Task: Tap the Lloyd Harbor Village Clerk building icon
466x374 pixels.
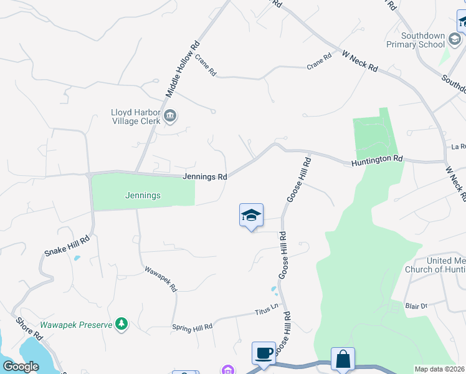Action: pos(169,115)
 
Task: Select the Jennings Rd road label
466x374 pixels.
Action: pos(204,177)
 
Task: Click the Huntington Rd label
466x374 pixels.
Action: pos(377,160)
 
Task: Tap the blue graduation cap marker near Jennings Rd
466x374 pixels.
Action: pos(251,216)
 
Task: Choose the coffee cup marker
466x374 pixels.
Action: pos(264,353)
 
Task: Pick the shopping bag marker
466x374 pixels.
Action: pos(343,359)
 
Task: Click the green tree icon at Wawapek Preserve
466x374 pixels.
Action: pos(122,324)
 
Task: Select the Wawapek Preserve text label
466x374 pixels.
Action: pos(76,325)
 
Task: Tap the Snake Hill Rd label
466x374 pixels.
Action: pos(67,246)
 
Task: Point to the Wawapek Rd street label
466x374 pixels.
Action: pos(161,280)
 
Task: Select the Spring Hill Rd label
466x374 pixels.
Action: pos(192,326)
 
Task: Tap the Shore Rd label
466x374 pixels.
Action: pos(29,330)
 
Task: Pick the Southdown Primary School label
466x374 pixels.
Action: pos(415,40)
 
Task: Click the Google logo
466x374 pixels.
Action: pos(21,367)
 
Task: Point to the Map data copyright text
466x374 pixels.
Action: pos(439,369)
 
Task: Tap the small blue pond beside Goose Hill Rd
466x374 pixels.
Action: pos(274,290)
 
